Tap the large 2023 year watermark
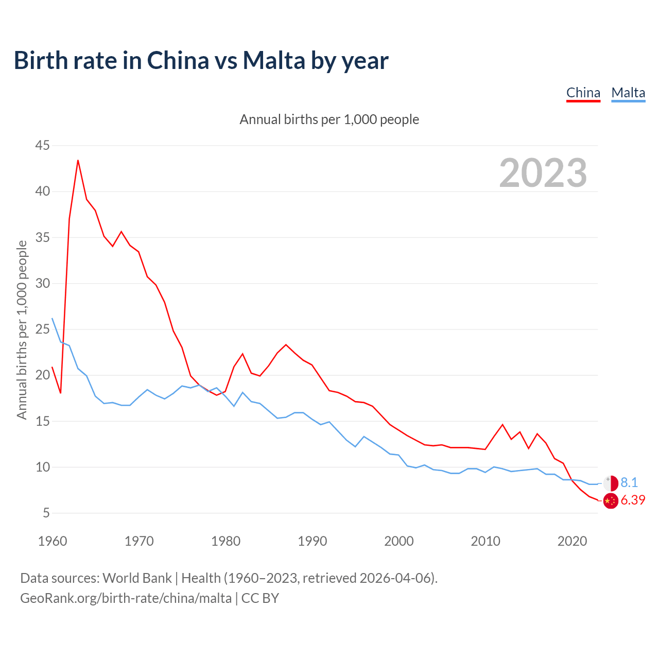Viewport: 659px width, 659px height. click(543, 172)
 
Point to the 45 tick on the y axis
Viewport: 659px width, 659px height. click(42, 146)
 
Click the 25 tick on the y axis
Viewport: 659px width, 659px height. click(42, 329)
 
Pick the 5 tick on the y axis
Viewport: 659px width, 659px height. click(46, 513)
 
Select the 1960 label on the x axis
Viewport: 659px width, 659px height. click(53, 541)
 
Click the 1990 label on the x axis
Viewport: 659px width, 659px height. click(313, 541)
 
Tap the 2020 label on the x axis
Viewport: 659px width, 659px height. click(572, 541)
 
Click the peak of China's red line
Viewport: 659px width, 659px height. click(78, 160)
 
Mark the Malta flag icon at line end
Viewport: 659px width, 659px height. click(610, 483)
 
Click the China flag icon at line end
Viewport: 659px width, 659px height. click(610, 500)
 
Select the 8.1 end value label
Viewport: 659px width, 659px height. click(629, 482)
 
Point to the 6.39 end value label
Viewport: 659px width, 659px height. click(633, 500)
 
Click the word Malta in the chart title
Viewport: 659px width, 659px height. click(274, 60)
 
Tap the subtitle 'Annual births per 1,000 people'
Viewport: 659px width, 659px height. click(329, 119)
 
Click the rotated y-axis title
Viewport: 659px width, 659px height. click(22, 329)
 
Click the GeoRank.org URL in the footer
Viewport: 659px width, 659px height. click(126, 598)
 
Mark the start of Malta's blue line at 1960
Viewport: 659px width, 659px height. click(52, 318)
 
